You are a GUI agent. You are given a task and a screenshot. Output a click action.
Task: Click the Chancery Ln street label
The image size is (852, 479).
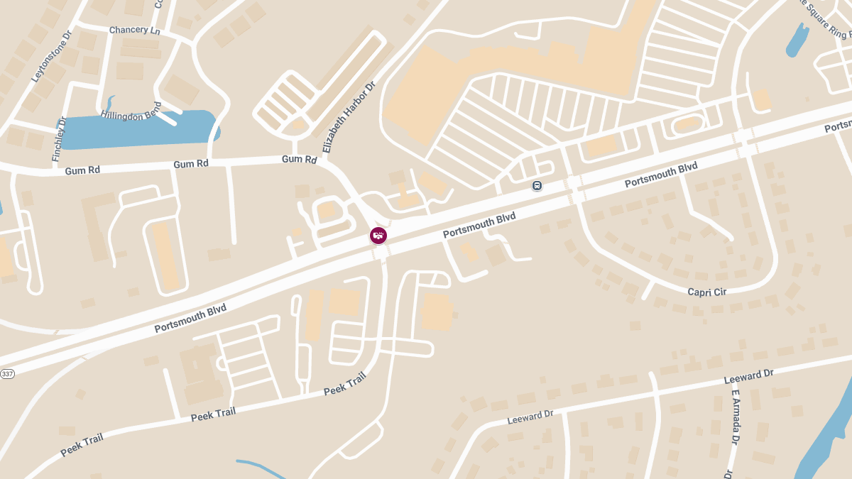pyautogui.click(x=135, y=31)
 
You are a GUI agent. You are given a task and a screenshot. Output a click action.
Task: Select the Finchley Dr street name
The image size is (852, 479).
pyautogui.click(x=60, y=138)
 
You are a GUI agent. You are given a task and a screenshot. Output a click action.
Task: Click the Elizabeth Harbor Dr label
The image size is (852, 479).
pyautogui.click(x=348, y=117)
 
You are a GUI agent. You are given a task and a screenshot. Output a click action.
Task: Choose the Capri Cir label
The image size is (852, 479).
pyautogui.click(x=707, y=292)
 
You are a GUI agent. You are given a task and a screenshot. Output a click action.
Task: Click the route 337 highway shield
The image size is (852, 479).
pyautogui.click(x=7, y=374)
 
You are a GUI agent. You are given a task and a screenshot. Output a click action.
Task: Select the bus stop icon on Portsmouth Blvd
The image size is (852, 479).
pyautogui.click(x=537, y=186)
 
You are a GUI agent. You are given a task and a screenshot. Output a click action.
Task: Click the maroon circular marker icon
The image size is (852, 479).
pyautogui.click(x=378, y=236)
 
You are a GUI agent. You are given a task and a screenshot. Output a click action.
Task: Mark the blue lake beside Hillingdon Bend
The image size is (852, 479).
pyautogui.click(x=142, y=129)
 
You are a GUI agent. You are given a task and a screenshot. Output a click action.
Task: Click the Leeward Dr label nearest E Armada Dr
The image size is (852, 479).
pyautogui.click(x=748, y=378)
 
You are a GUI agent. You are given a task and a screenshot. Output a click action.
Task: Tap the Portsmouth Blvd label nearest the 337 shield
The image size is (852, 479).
pyautogui.click(x=190, y=319)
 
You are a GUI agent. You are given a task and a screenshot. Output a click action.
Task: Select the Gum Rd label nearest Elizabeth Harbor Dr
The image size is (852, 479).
pyautogui.click(x=299, y=160)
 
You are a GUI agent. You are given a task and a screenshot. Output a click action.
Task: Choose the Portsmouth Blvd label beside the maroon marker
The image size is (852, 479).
pyautogui.click(x=479, y=225)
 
